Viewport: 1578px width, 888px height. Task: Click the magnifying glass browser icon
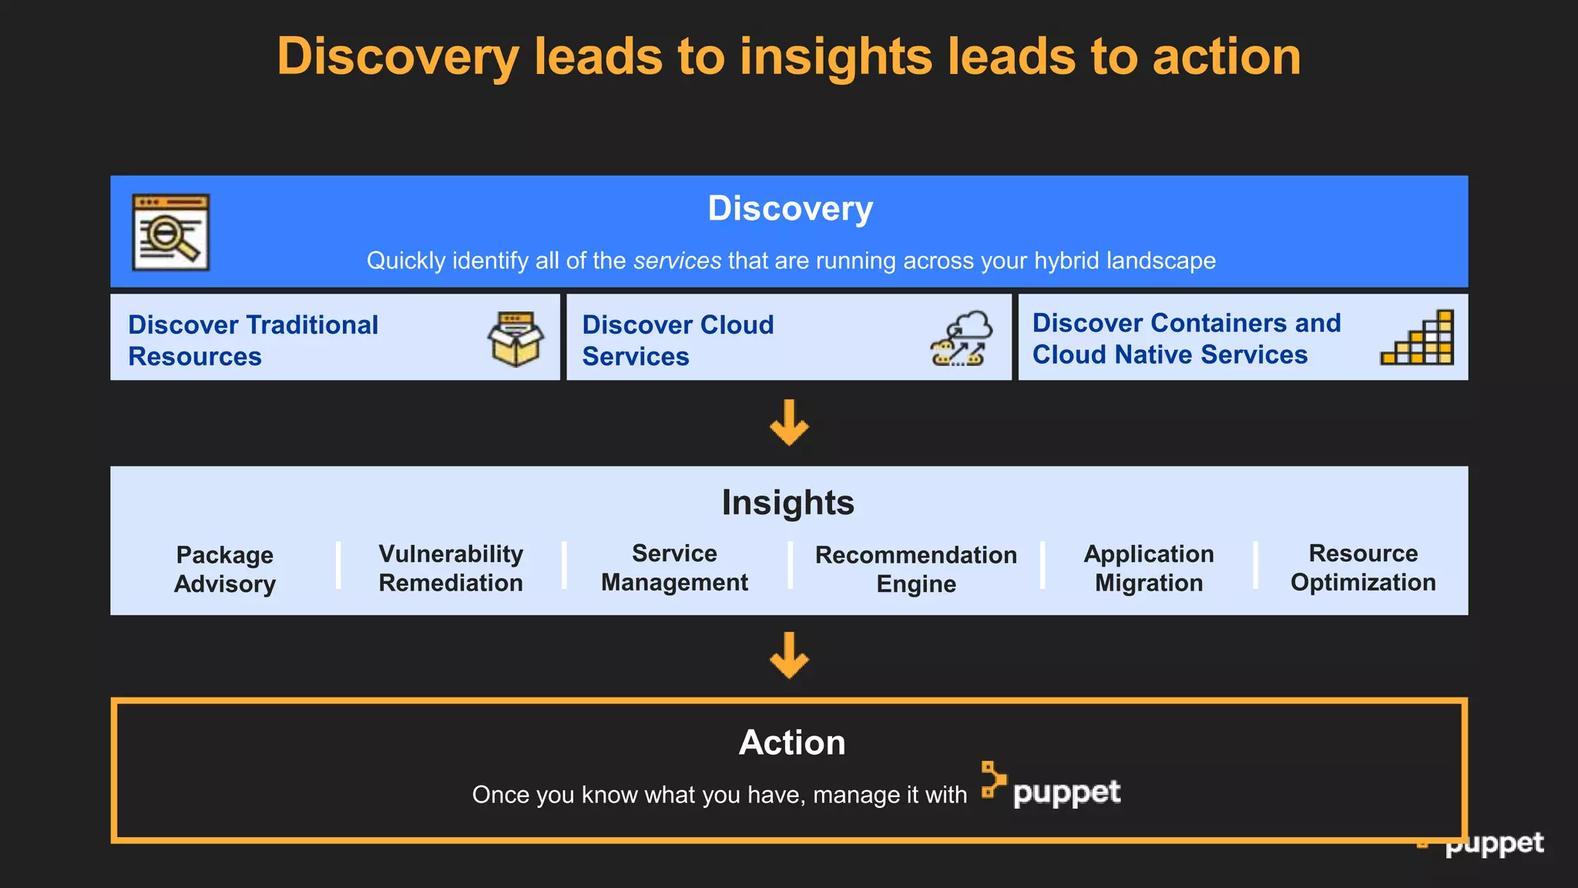[170, 232]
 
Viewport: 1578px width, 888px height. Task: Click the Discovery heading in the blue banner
[790, 209]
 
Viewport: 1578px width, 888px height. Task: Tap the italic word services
[677, 261]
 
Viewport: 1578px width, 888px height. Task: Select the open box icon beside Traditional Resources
[515, 338]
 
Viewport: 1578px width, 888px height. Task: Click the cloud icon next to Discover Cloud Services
[961, 338]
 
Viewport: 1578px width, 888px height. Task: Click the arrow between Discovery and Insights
[789, 423]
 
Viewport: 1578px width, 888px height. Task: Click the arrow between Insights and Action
[789, 656]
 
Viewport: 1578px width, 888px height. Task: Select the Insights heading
[787, 503]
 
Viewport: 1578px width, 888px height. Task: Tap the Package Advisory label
[224, 569]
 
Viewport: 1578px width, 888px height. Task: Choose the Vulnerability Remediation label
[451, 568]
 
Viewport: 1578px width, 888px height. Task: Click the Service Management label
[674, 567]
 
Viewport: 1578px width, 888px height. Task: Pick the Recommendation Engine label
[916, 569]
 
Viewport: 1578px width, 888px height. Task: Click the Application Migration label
[1148, 568]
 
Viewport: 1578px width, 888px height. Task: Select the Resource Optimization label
[1362, 567]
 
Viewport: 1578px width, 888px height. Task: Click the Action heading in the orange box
[791, 743]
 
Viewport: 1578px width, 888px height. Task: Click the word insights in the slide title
[835, 57]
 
